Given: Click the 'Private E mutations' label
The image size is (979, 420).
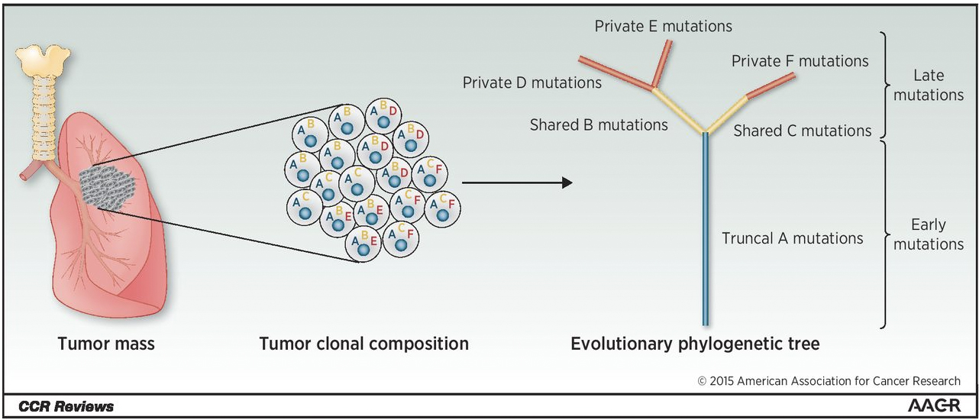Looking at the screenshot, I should click(663, 27).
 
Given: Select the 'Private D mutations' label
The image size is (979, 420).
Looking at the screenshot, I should click(532, 82).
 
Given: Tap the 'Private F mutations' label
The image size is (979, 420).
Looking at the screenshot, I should click(800, 60).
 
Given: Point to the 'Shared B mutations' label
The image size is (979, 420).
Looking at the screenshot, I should click(599, 124).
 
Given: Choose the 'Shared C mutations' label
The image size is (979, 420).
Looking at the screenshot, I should click(802, 131).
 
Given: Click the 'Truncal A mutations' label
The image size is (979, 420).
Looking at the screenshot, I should click(792, 238).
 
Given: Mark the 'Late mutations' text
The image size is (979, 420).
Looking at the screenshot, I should click(928, 86).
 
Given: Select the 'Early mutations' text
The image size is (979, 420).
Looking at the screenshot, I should click(928, 234).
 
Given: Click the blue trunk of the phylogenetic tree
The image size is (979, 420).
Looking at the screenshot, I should click(706, 229).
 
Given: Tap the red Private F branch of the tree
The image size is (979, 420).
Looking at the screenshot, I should click(771, 86).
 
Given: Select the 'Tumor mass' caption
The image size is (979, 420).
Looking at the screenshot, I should click(105, 344).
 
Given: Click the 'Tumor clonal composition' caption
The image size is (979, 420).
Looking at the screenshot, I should click(363, 344).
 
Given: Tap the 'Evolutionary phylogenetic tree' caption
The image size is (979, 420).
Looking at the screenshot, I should click(695, 344).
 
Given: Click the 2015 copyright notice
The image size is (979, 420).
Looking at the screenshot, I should click(829, 381).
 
